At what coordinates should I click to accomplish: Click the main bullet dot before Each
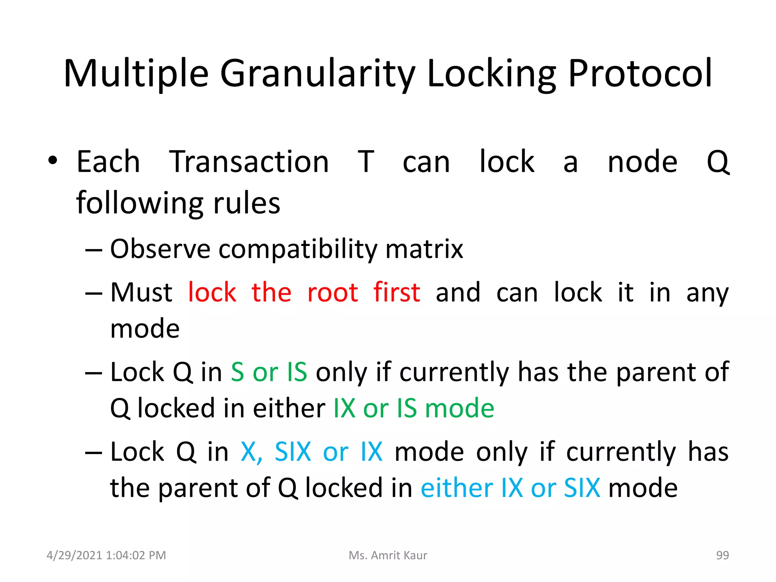(x=53, y=161)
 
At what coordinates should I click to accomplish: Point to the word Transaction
(x=249, y=162)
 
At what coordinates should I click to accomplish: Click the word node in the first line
(x=642, y=162)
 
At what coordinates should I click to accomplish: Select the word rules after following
(x=247, y=203)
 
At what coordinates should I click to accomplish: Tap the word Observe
(x=160, y=249)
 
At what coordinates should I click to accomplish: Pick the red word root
(x=332, y=293)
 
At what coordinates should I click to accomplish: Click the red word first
(x=396, y=293)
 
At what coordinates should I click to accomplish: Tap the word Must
(x=141, y=293)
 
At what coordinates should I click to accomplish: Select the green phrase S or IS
(x=269, y=372)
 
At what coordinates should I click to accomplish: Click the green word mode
(x=459, y=408)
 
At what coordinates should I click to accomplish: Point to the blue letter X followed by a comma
(x=251, y=452)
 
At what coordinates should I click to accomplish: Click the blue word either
(x=457, y=488)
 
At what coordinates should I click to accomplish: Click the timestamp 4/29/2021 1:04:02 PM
(x=106, y=555)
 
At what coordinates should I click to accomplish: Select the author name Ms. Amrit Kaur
(x=388, y=555)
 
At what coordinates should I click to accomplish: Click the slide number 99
(x=722, y=555)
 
